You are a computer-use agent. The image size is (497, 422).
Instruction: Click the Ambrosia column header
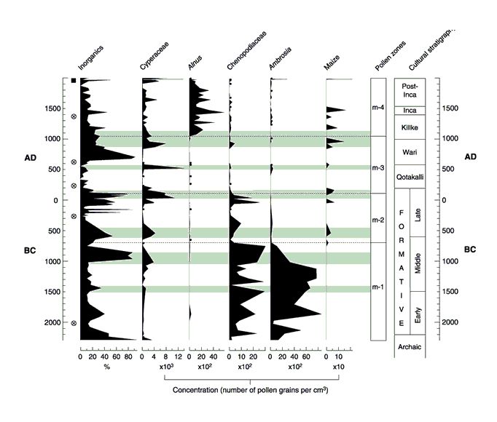[278, 60]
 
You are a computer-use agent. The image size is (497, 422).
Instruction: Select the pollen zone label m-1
[377, 287]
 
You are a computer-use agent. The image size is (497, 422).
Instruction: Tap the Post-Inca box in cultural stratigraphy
[408, 92]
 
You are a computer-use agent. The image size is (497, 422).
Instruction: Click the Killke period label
[408, 127]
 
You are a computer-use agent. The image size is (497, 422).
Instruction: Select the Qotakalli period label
[408, 177]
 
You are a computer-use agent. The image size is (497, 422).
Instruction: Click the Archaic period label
[408, 346]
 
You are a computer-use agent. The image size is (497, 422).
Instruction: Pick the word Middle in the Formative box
[417, 261]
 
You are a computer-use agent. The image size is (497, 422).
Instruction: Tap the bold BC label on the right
[470, 249]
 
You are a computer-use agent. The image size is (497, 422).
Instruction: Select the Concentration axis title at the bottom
[256, 390]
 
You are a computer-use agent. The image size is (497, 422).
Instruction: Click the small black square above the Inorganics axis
[74, 80]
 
